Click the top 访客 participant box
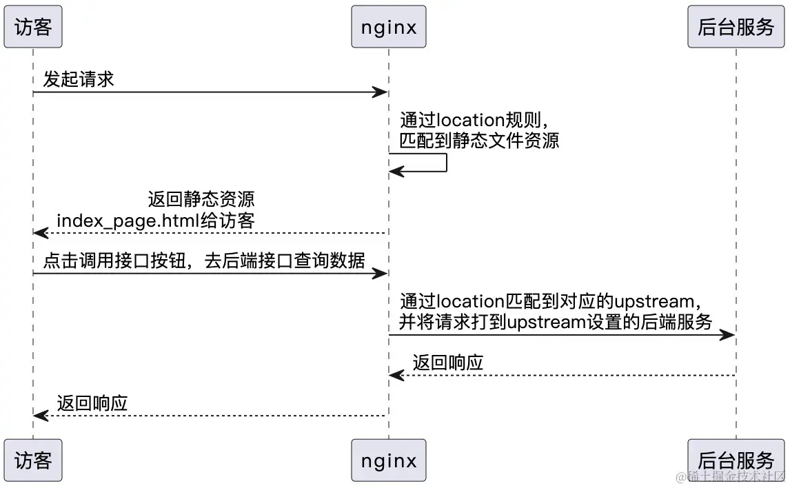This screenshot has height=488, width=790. (33, 27)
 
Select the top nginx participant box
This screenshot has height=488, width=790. (388, 27)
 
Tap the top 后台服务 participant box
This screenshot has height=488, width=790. (736, 27)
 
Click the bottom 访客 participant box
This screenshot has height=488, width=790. (33, 460)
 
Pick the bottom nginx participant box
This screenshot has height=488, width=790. (388, 460)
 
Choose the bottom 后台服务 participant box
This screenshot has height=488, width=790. (736, 460)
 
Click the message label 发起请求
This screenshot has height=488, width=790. (79, 79)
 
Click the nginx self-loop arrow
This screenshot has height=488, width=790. (445, 163)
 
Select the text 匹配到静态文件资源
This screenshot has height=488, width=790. (479, 140)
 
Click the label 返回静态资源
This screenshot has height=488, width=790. (201, 200)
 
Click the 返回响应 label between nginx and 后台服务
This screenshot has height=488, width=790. (448, 363)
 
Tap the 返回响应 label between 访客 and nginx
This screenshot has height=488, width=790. (92, 403)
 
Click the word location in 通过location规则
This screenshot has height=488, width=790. (471, 120)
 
